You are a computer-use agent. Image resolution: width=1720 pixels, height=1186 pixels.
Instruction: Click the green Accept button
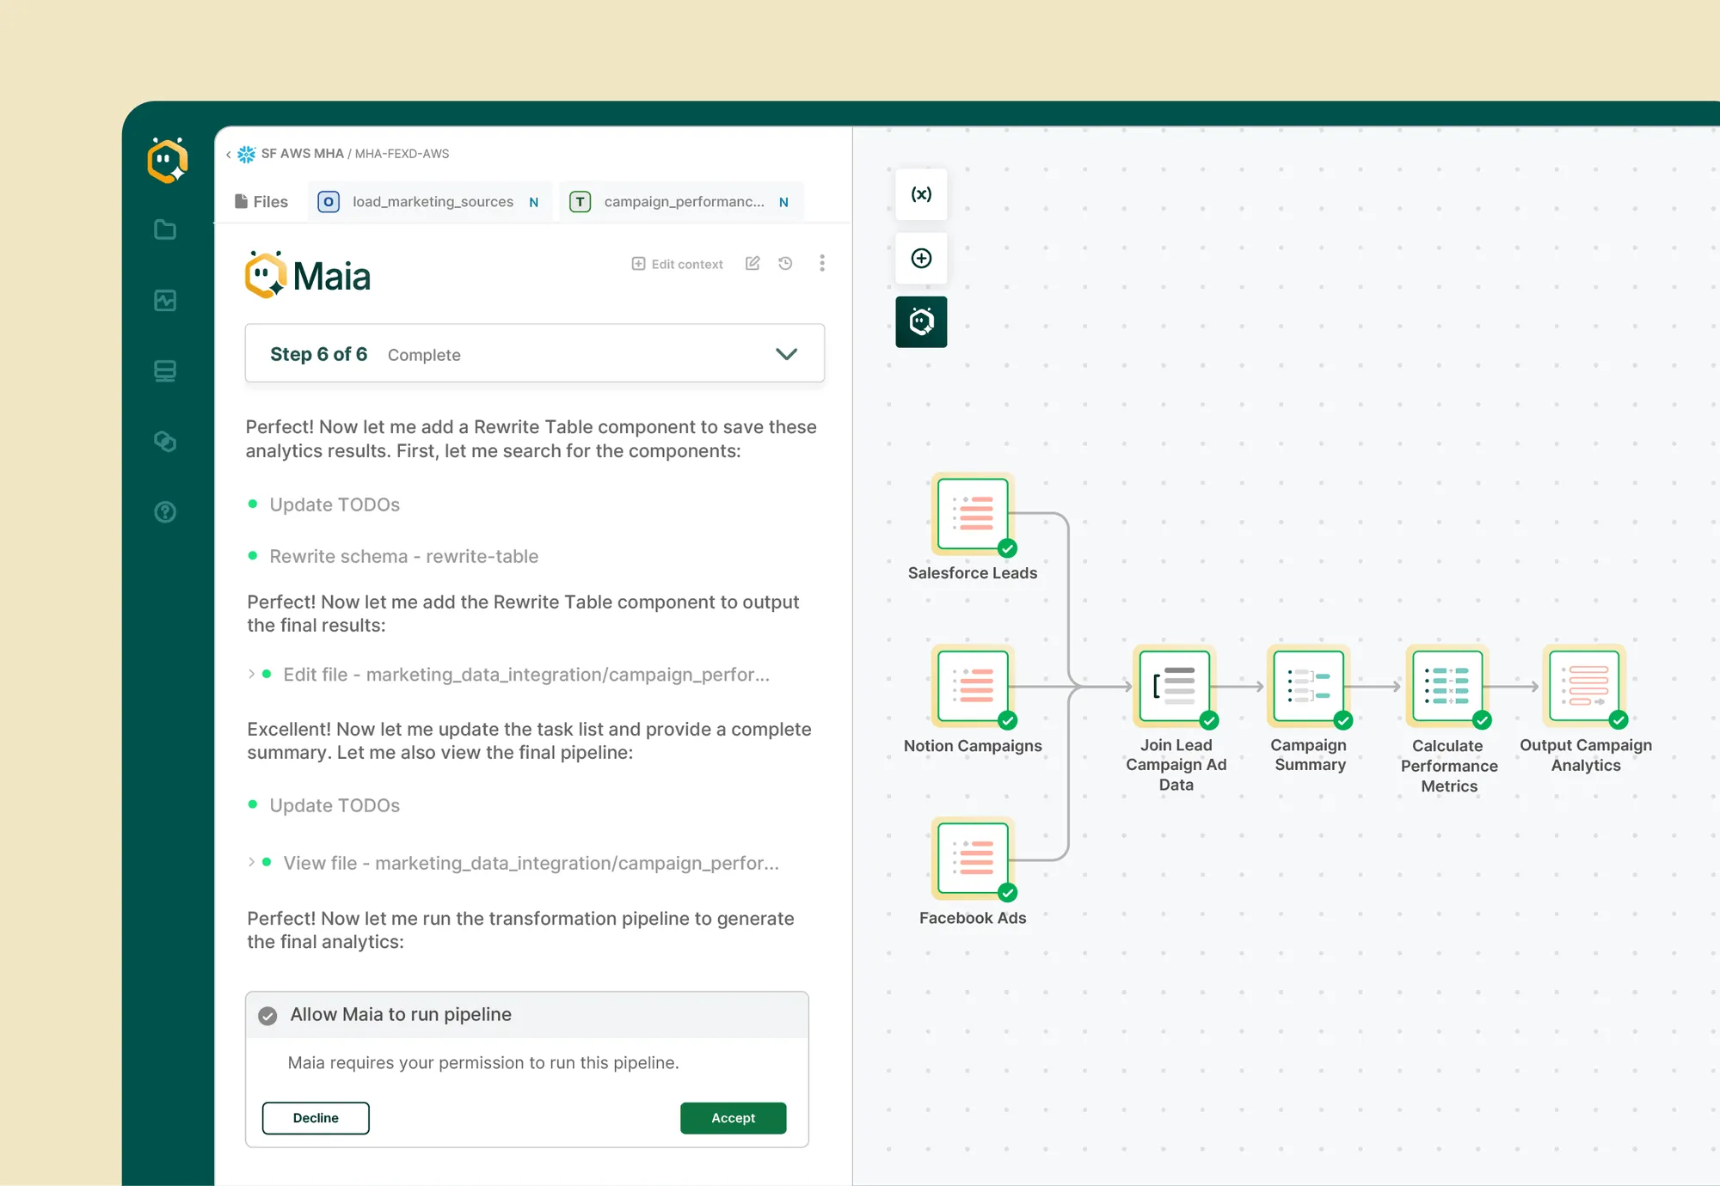[x=733, y=1117]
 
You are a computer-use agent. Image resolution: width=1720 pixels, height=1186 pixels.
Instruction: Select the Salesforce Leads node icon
[x=973, y=514]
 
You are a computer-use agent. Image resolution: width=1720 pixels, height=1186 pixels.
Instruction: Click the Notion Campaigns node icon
[x=973, y=686]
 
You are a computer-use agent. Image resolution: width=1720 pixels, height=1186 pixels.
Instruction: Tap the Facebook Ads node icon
[x=973, y=859]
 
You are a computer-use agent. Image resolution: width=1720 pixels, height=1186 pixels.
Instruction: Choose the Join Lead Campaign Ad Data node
[x=1174, y=686]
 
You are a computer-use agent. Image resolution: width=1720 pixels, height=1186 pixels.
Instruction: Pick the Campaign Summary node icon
[x=1309, y=686]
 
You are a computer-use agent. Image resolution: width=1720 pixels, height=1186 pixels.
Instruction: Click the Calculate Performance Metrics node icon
[x=1447, y=686]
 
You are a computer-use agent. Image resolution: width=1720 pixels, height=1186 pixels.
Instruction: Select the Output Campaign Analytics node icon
[x=1584, y=686]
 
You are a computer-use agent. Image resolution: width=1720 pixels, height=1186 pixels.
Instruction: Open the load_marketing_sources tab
[x=430, y=202]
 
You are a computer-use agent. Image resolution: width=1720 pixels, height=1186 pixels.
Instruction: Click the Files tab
[x=261, y=202]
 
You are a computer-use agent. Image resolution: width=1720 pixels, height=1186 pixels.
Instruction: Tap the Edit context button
[x=678, y=264]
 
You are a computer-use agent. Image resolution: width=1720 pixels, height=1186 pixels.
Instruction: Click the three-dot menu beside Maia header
[x=822, y=263]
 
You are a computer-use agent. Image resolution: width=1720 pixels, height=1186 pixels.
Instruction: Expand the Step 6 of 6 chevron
[x=786, y=354]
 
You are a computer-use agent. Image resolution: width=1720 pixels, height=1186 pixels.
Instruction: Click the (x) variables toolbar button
[x=921, y=194]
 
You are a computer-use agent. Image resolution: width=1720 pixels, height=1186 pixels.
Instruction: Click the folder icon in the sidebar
[x=165, y=229]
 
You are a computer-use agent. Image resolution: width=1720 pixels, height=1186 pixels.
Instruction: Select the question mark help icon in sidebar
[x=165, y=512]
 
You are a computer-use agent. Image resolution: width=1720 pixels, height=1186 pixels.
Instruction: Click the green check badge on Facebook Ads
[x=1008, y=892]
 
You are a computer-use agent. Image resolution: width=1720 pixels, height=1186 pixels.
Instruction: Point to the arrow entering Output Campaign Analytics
[x=1514, y=687]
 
